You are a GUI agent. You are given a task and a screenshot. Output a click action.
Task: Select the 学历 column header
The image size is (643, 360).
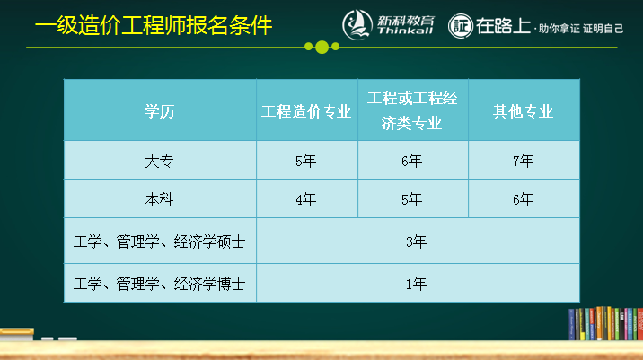tap(160, 111)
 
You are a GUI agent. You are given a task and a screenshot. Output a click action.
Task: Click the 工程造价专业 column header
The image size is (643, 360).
tap(306, 111)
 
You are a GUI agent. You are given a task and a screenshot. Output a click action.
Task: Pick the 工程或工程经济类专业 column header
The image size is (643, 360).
tap(412, 110)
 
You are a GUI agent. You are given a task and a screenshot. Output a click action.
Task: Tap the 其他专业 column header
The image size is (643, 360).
tap(523, 111)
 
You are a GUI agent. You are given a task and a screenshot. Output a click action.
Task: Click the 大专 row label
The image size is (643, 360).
tap(159, 162)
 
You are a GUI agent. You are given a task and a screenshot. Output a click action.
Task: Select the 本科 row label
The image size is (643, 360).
tap(159, 199)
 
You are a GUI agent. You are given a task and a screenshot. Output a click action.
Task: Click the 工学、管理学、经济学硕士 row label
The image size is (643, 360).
tap(160, 241)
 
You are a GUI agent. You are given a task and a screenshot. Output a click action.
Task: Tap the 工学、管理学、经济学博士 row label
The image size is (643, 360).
tap(160, 284)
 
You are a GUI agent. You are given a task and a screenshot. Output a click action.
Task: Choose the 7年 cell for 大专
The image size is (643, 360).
tap(523, 162)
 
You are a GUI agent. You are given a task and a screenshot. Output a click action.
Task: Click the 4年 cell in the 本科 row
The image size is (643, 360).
tap(306, 199)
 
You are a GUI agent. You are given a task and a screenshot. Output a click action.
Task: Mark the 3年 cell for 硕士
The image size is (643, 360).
tap(416, 241)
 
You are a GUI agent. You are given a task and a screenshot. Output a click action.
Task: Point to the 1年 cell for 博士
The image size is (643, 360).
tap(416, 284)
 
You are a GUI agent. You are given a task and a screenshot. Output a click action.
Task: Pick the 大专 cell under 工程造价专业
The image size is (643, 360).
tap(306, 162)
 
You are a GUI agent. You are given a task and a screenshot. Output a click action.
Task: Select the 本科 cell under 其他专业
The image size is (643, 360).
tap(523, 199)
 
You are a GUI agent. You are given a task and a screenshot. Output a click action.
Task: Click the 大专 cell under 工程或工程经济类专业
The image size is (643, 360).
tap(412, 162)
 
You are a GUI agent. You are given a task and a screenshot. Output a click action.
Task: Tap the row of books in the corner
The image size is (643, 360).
tap(604, 324)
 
